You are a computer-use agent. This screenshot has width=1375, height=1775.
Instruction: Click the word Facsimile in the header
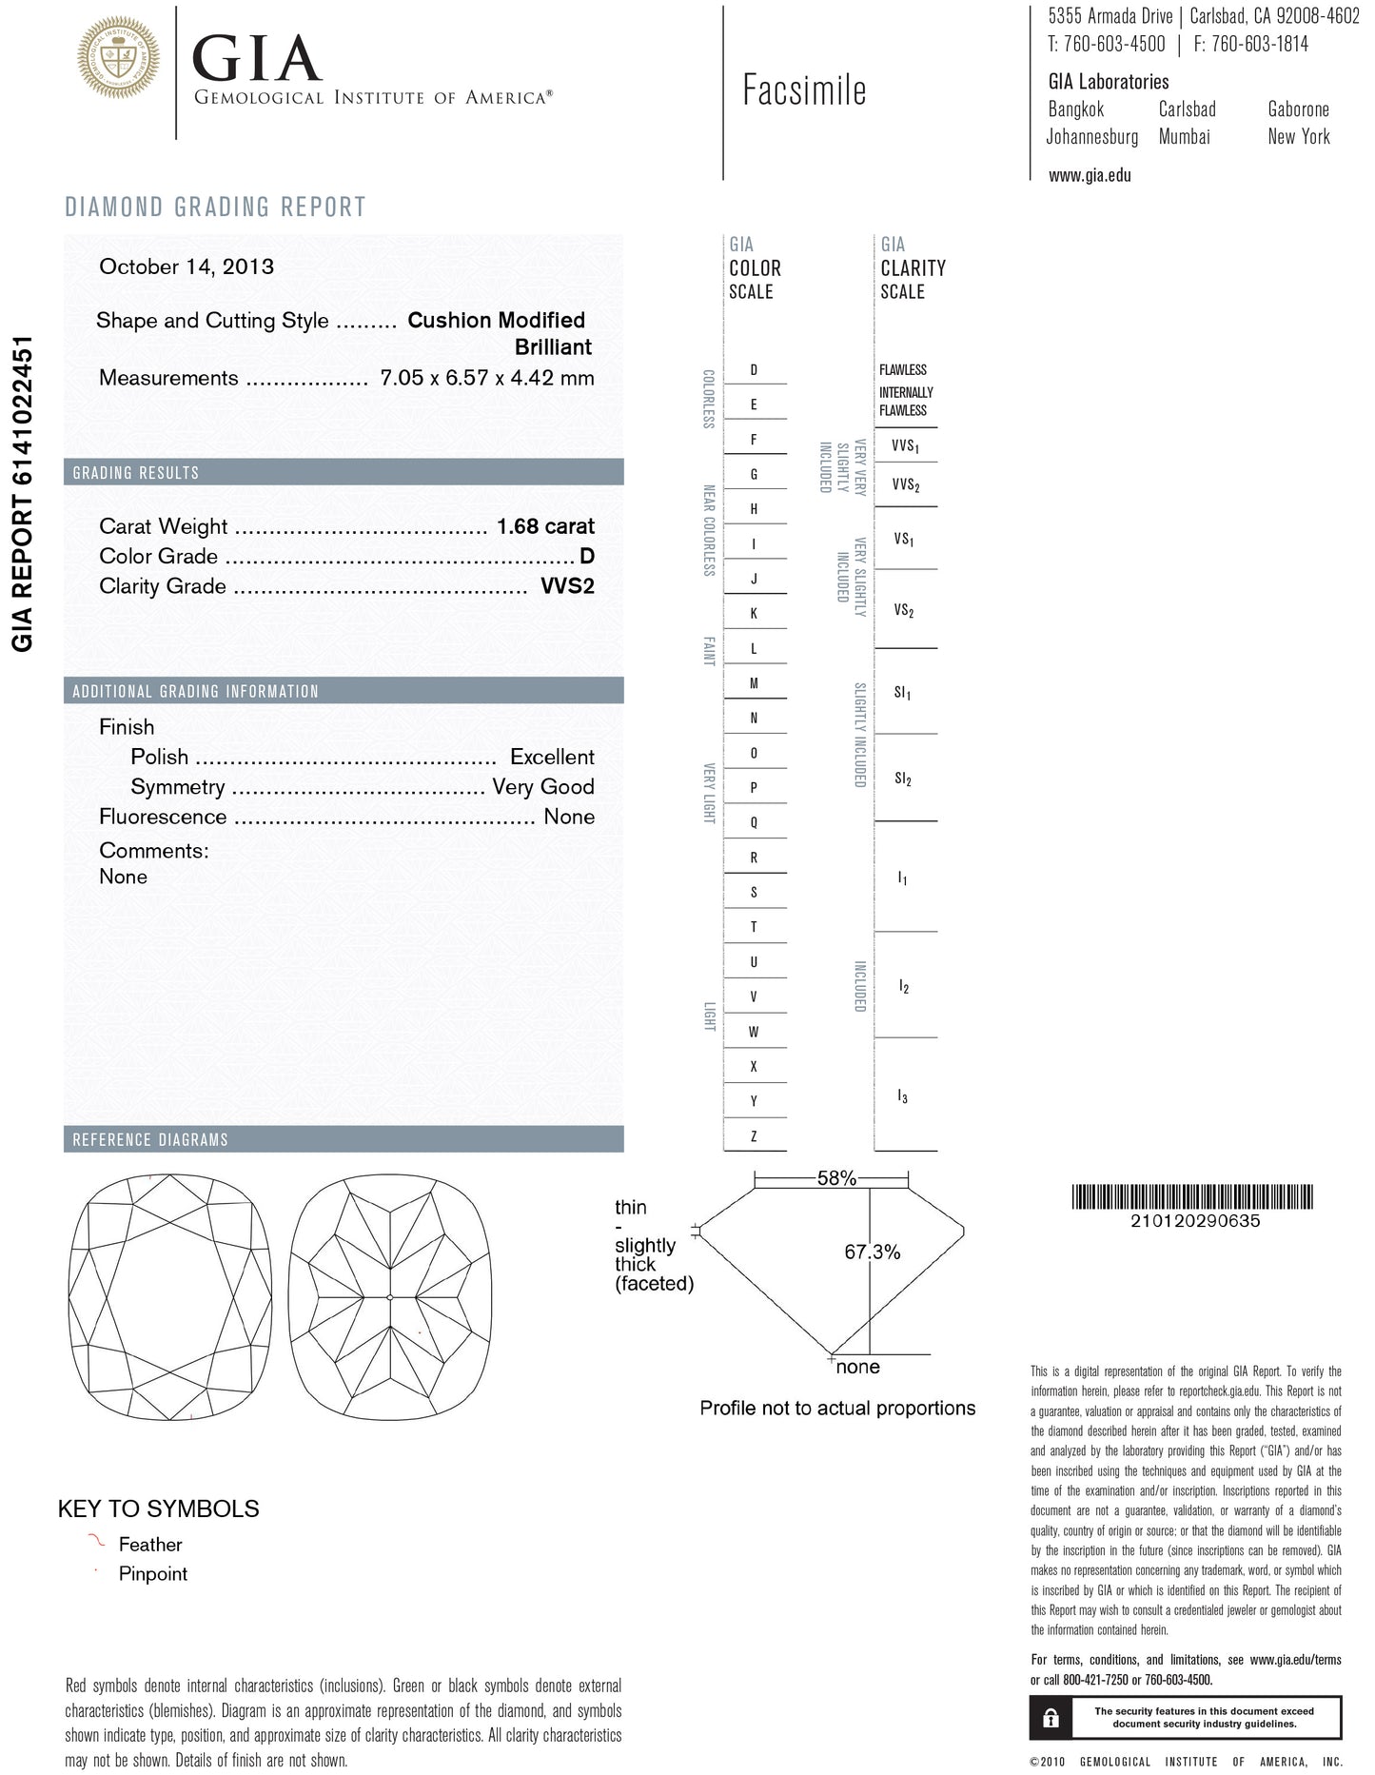[x=804, y=90]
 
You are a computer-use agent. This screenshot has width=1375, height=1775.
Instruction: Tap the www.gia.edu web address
[x=1090, y=175]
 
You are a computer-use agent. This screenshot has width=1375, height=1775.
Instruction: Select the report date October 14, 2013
[x=187, y=266]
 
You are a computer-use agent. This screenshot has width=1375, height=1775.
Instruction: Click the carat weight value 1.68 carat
[x=545, y=526]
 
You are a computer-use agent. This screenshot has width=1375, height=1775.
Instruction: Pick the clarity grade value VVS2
[x=567, y=586]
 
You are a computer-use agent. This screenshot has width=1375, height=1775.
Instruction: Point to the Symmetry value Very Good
[x=542, y=787]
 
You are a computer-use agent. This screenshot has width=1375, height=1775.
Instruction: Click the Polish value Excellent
[x=552, y=758]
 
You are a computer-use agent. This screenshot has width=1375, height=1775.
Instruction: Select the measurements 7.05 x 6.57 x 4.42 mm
[x=486, y=378]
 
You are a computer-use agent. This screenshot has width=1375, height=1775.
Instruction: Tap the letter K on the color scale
[x=754, y=614]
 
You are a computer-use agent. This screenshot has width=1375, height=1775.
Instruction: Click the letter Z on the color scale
[x=754, y=1136]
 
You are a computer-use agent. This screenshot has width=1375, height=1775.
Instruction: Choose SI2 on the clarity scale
[x=903, y=779]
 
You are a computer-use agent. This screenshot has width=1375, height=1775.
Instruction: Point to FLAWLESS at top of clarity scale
[x=903, y=369]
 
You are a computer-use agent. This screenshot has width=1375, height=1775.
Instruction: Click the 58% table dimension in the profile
[x=836, y=1178]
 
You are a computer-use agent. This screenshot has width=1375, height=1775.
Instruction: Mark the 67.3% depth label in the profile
[x=872, y=1252]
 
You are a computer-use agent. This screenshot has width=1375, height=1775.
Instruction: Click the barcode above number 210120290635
[x=1193, y=1197]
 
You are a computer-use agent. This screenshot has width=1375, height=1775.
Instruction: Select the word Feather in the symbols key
[x=150, y=1545]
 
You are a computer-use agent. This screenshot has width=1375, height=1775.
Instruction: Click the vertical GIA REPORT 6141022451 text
[x=23, y=493]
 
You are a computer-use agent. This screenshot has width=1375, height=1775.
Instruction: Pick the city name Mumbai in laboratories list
[x=1185, y=137]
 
